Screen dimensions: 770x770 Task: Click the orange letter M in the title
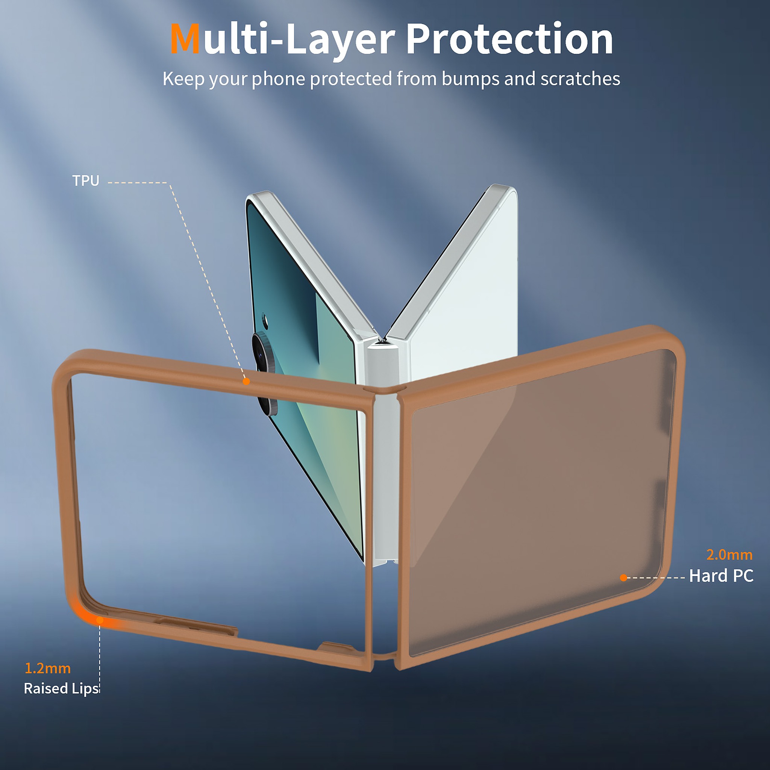pos(185,39)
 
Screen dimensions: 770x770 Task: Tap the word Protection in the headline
pos(510,39)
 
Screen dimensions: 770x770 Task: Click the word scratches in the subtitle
pos(580,79)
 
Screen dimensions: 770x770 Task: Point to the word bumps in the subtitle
pos(470,79)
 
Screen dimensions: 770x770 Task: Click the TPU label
pos(86,181)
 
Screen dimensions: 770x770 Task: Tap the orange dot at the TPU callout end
pos(246,381)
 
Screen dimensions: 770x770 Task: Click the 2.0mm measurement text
pos(729,555)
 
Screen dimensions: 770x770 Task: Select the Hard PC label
pos(721,576)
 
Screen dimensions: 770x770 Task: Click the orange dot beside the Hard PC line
pos(623,577)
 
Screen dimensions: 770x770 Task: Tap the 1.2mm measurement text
pos(48,668)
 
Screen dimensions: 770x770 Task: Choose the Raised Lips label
pos(61,689)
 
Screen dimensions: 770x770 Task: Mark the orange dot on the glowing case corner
pos(100,620)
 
